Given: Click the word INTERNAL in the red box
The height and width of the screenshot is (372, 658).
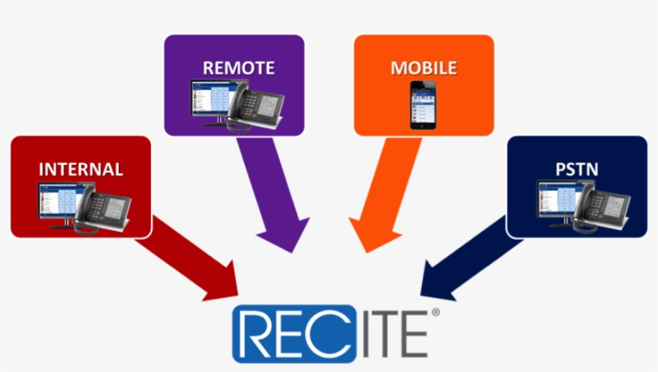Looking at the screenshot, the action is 81,169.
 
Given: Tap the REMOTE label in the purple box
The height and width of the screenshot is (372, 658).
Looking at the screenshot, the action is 239,68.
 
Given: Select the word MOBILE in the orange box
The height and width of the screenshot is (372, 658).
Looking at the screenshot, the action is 424,68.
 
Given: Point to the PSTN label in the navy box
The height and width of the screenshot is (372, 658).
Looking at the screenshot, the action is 577,169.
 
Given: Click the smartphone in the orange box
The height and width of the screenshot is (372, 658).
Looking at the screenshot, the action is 423,105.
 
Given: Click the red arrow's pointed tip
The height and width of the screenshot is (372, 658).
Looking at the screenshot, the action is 238,296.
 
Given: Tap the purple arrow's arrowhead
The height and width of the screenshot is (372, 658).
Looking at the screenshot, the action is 290,253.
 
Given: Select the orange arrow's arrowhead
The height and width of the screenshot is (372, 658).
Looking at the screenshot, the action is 367,253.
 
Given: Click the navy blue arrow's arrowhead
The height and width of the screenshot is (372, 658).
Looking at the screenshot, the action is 421,296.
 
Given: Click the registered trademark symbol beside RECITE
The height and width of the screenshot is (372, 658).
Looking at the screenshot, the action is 436,313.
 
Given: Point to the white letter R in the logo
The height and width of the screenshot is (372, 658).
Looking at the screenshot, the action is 259,334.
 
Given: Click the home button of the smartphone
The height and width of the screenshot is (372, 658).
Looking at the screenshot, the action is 423,125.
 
